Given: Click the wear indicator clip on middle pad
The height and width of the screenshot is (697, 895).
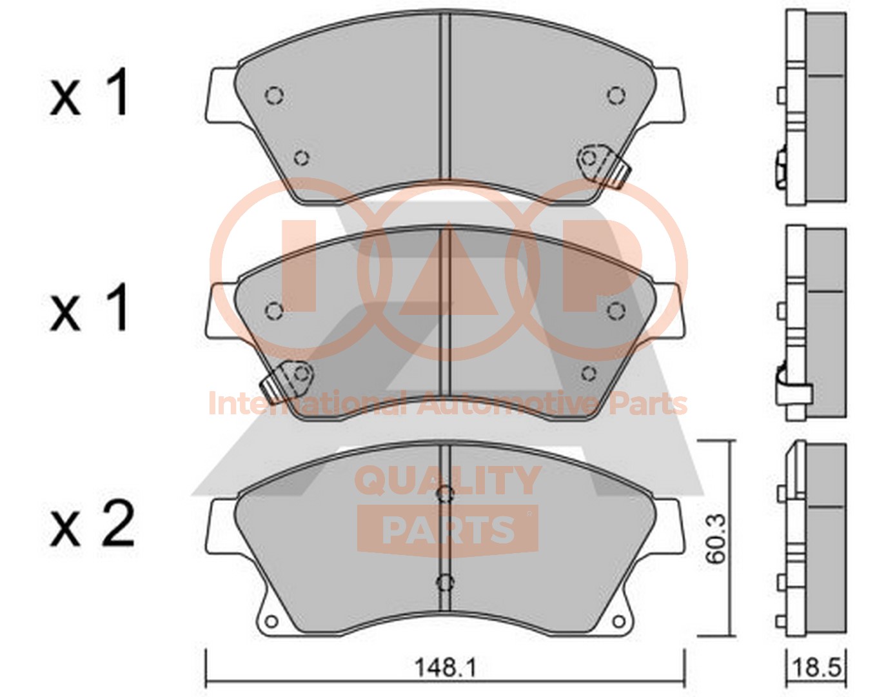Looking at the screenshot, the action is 288,379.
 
